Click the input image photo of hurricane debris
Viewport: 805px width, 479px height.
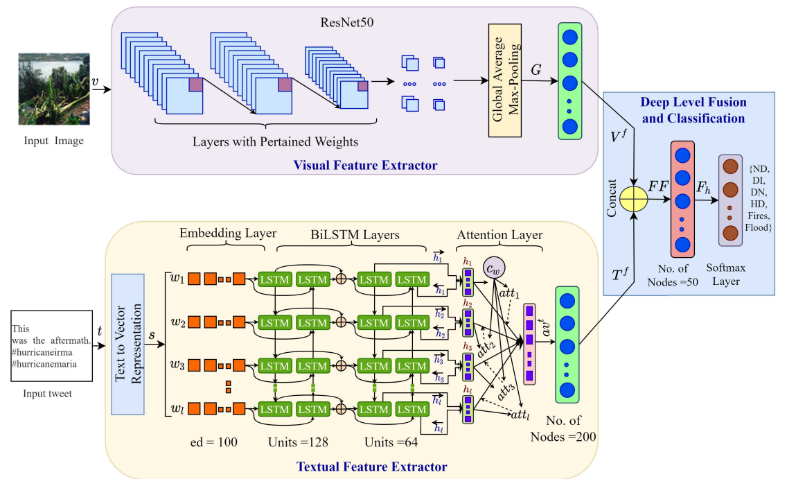pyautogui.click(x=54, y=89)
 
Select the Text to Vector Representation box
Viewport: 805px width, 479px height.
pyautogui.click(x=127, y=345)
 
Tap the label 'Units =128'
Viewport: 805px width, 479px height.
pyautogui.click(x=298, y=442)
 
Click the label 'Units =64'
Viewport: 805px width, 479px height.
pyautogui.click(x=392, y=442)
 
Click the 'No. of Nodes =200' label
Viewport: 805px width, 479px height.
pyautogui.click(x=563, y=428)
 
